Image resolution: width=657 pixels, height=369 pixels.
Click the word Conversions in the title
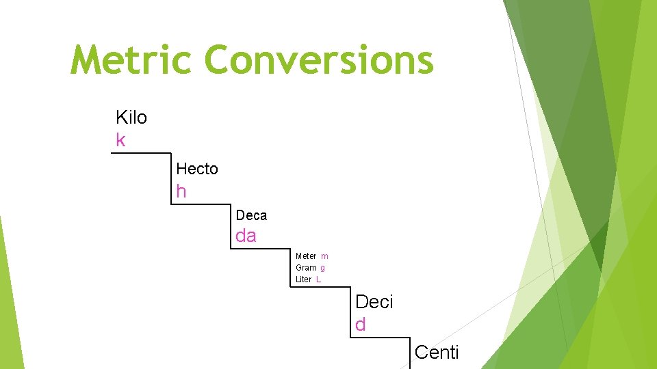319,60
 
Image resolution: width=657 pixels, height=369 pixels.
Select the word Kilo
131,118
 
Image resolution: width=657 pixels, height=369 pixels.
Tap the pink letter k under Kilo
121,141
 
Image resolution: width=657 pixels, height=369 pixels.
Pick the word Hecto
197,169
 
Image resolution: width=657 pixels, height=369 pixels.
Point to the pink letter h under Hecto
181,192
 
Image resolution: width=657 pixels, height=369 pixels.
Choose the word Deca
251,216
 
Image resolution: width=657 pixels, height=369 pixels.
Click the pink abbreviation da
246,236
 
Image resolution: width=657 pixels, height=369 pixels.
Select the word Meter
306,256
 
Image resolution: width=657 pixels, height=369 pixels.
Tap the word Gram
306,268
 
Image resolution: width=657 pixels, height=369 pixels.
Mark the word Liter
304,279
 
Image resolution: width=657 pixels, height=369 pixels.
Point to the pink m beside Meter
324,256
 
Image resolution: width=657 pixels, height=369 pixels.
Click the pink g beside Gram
322,268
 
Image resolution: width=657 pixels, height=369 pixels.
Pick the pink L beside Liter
319,279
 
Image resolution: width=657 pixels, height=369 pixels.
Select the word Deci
374,302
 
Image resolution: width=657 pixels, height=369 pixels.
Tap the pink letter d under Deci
361,325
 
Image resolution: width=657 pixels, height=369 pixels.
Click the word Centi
437,353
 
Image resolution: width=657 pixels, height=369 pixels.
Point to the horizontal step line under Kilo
141,152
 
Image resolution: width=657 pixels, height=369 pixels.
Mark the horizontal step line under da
261,249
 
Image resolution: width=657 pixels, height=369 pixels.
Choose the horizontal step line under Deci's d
380,337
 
